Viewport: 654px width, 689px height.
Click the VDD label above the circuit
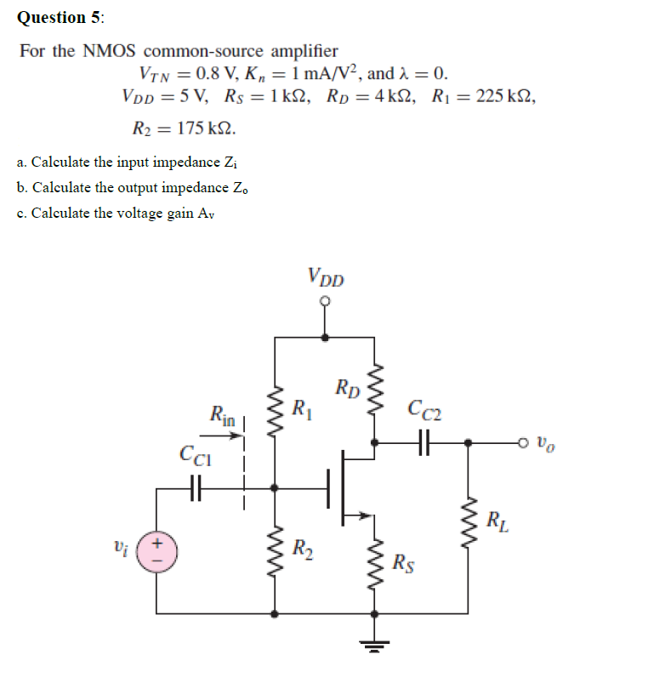coord(326,277)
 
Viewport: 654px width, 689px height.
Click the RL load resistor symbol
coord(467,521)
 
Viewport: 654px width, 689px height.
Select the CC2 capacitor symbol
coord(423,442)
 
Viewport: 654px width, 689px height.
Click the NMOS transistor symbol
coord(344,488)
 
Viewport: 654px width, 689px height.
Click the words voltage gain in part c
coord(154,213)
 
